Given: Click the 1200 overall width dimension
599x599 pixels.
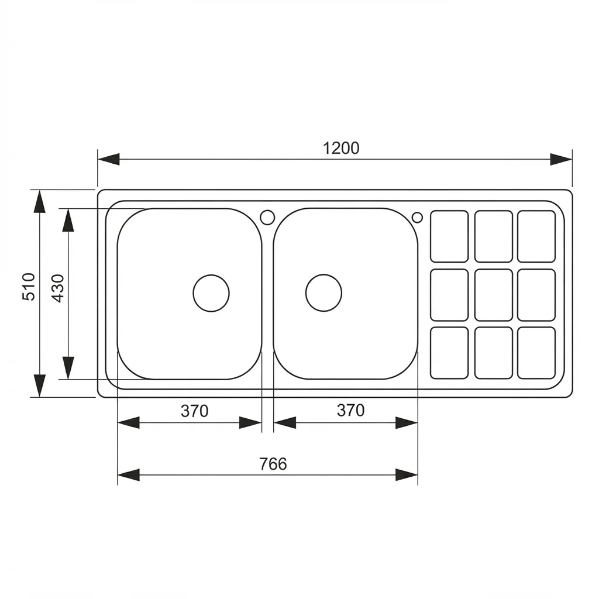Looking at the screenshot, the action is (341, 148).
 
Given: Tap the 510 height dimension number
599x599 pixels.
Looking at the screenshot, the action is (29, 287).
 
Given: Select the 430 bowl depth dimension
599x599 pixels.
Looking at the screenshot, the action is (58, 288).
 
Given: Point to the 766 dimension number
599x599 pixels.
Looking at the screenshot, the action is (273, 464).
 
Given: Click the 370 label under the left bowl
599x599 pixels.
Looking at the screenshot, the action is (194, 411).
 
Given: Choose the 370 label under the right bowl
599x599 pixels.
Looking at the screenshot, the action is (351, 410).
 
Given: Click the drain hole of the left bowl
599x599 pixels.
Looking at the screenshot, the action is (211, 293).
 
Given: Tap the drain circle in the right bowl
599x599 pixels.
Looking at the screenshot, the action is (323, 293).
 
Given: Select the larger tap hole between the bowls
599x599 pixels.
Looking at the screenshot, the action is (267, 217).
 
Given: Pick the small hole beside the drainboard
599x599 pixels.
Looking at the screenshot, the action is (417, 218).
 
